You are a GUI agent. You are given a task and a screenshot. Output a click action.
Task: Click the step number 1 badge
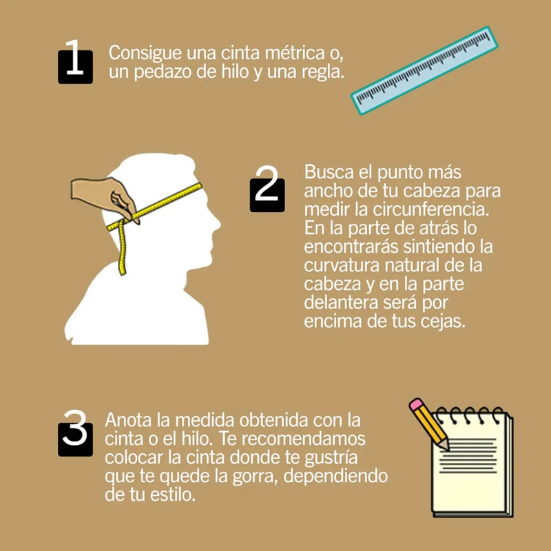pos(75,63)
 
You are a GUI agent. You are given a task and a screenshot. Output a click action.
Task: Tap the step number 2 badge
pos(267,190)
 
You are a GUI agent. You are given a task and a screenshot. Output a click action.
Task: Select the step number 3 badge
pos(75,434)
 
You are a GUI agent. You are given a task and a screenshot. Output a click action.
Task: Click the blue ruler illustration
pos(424,70)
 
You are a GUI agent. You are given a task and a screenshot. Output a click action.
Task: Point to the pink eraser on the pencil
pos(416,404)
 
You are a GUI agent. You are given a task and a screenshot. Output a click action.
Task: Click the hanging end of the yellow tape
pos(123,271)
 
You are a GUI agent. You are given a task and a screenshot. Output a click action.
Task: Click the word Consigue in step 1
pos(145,54)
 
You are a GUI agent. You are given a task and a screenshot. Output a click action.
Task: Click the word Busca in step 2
pos(329,171)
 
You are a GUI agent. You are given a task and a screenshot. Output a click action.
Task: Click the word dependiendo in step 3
pos(335,477)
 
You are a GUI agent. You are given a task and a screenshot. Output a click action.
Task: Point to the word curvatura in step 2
pos(342,266)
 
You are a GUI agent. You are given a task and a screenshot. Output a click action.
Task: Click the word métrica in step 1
pos(295,54)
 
